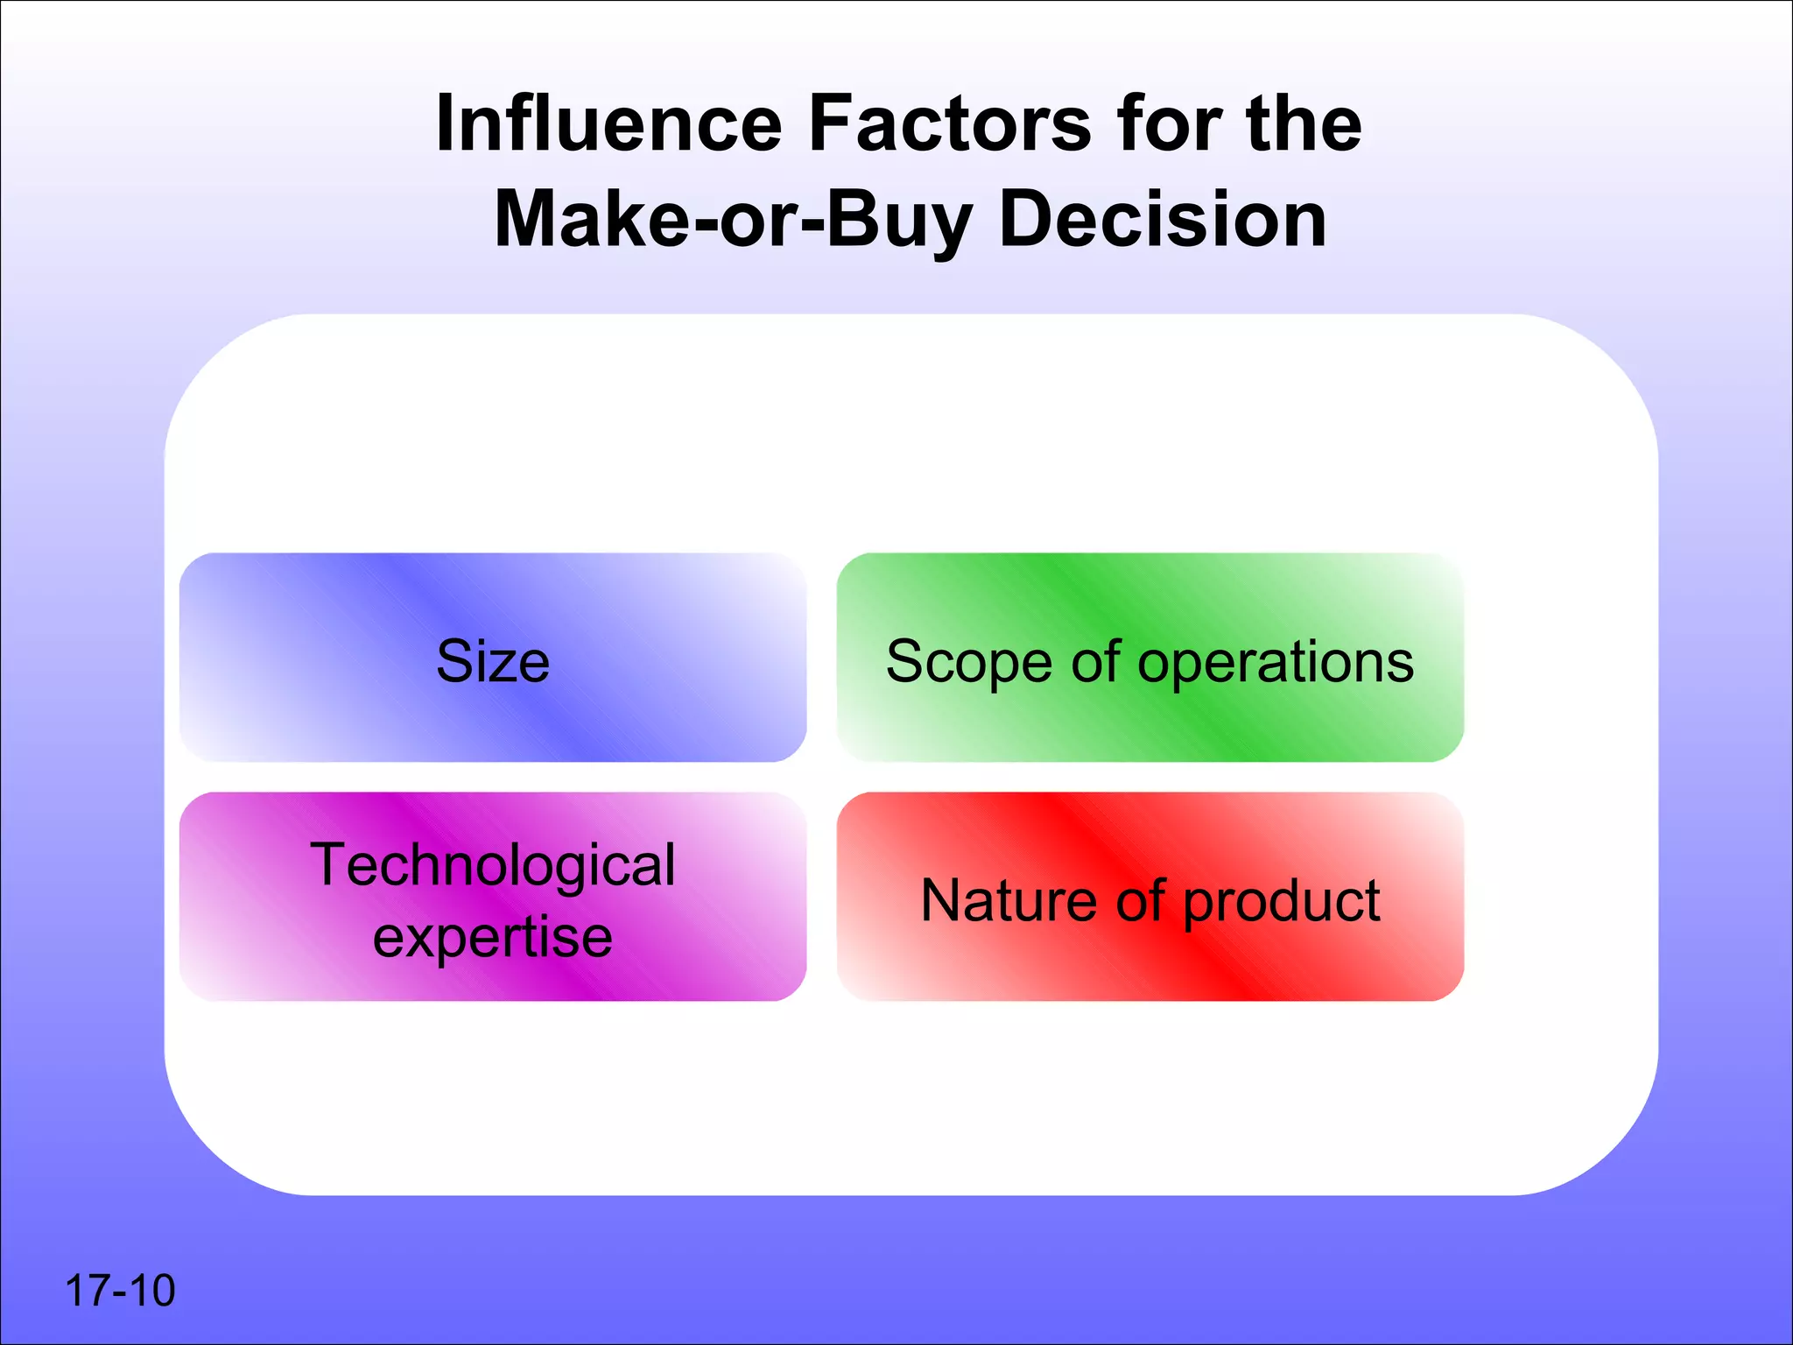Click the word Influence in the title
[x=608, y=123]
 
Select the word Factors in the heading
[x=949, y=123]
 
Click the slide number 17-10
[x=120, y=1291]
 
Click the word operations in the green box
[x=1276, y=663]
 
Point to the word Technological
[x=492, y=865]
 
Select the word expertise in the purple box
[x=492, y=939]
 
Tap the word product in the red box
[x=1282, y=902]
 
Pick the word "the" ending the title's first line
[x=1304, y=123]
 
